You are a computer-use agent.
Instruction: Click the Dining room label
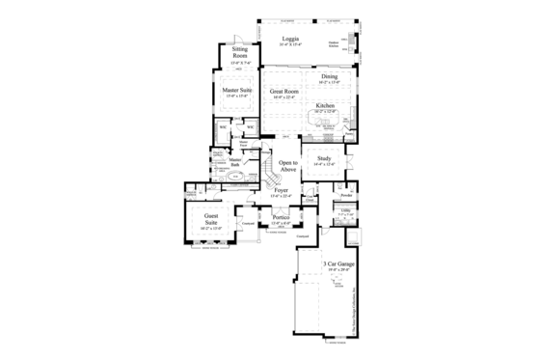click(x=329, y=76)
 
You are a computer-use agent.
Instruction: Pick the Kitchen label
click(x=325, y=105)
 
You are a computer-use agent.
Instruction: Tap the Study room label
click(x=324, y=158)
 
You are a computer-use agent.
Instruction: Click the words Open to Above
click(x=286, y=165)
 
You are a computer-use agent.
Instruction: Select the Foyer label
click(x=281, y=191)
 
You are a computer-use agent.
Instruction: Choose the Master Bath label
click(x=234, y=161)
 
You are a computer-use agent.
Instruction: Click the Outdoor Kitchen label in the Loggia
click(x=334, y=44)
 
